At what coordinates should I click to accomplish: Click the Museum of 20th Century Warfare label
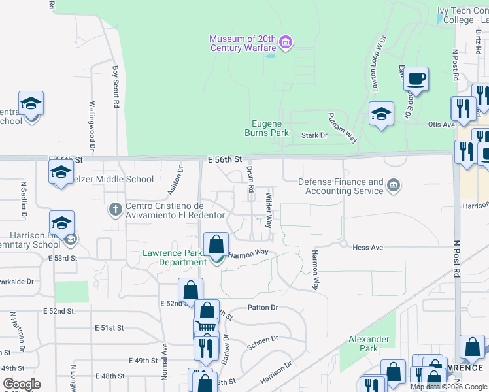pyautogui.click(x=242, y=43)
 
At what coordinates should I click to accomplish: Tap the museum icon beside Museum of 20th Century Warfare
pyautogui.click(x=285, y=43)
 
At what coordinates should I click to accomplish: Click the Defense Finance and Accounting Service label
pyautogui.click(x=341, y=186)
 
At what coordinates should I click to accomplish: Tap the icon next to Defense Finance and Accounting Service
pyautogui.click(x=393, y=186)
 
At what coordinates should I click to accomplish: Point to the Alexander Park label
pyautogui.click(x=369, y=344)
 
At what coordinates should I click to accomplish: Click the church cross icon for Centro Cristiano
pyautogui.click(x=115, y=210)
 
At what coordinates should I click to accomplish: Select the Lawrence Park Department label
pyautogui.click(x=175, y=257)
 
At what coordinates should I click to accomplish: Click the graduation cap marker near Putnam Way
pyautogui.click(x=382, y=115)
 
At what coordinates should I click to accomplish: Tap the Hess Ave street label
pyautogui.click(x=367, y=248)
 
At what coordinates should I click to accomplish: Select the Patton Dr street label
pyautogui.click(x=263, y=307)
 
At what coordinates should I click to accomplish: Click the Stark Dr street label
pyautogui.click(x=314, y=135)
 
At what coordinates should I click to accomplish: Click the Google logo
pyautogui.click(x=22, y=384)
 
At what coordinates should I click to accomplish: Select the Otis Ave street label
pyautogui.click(x=441, y=125)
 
